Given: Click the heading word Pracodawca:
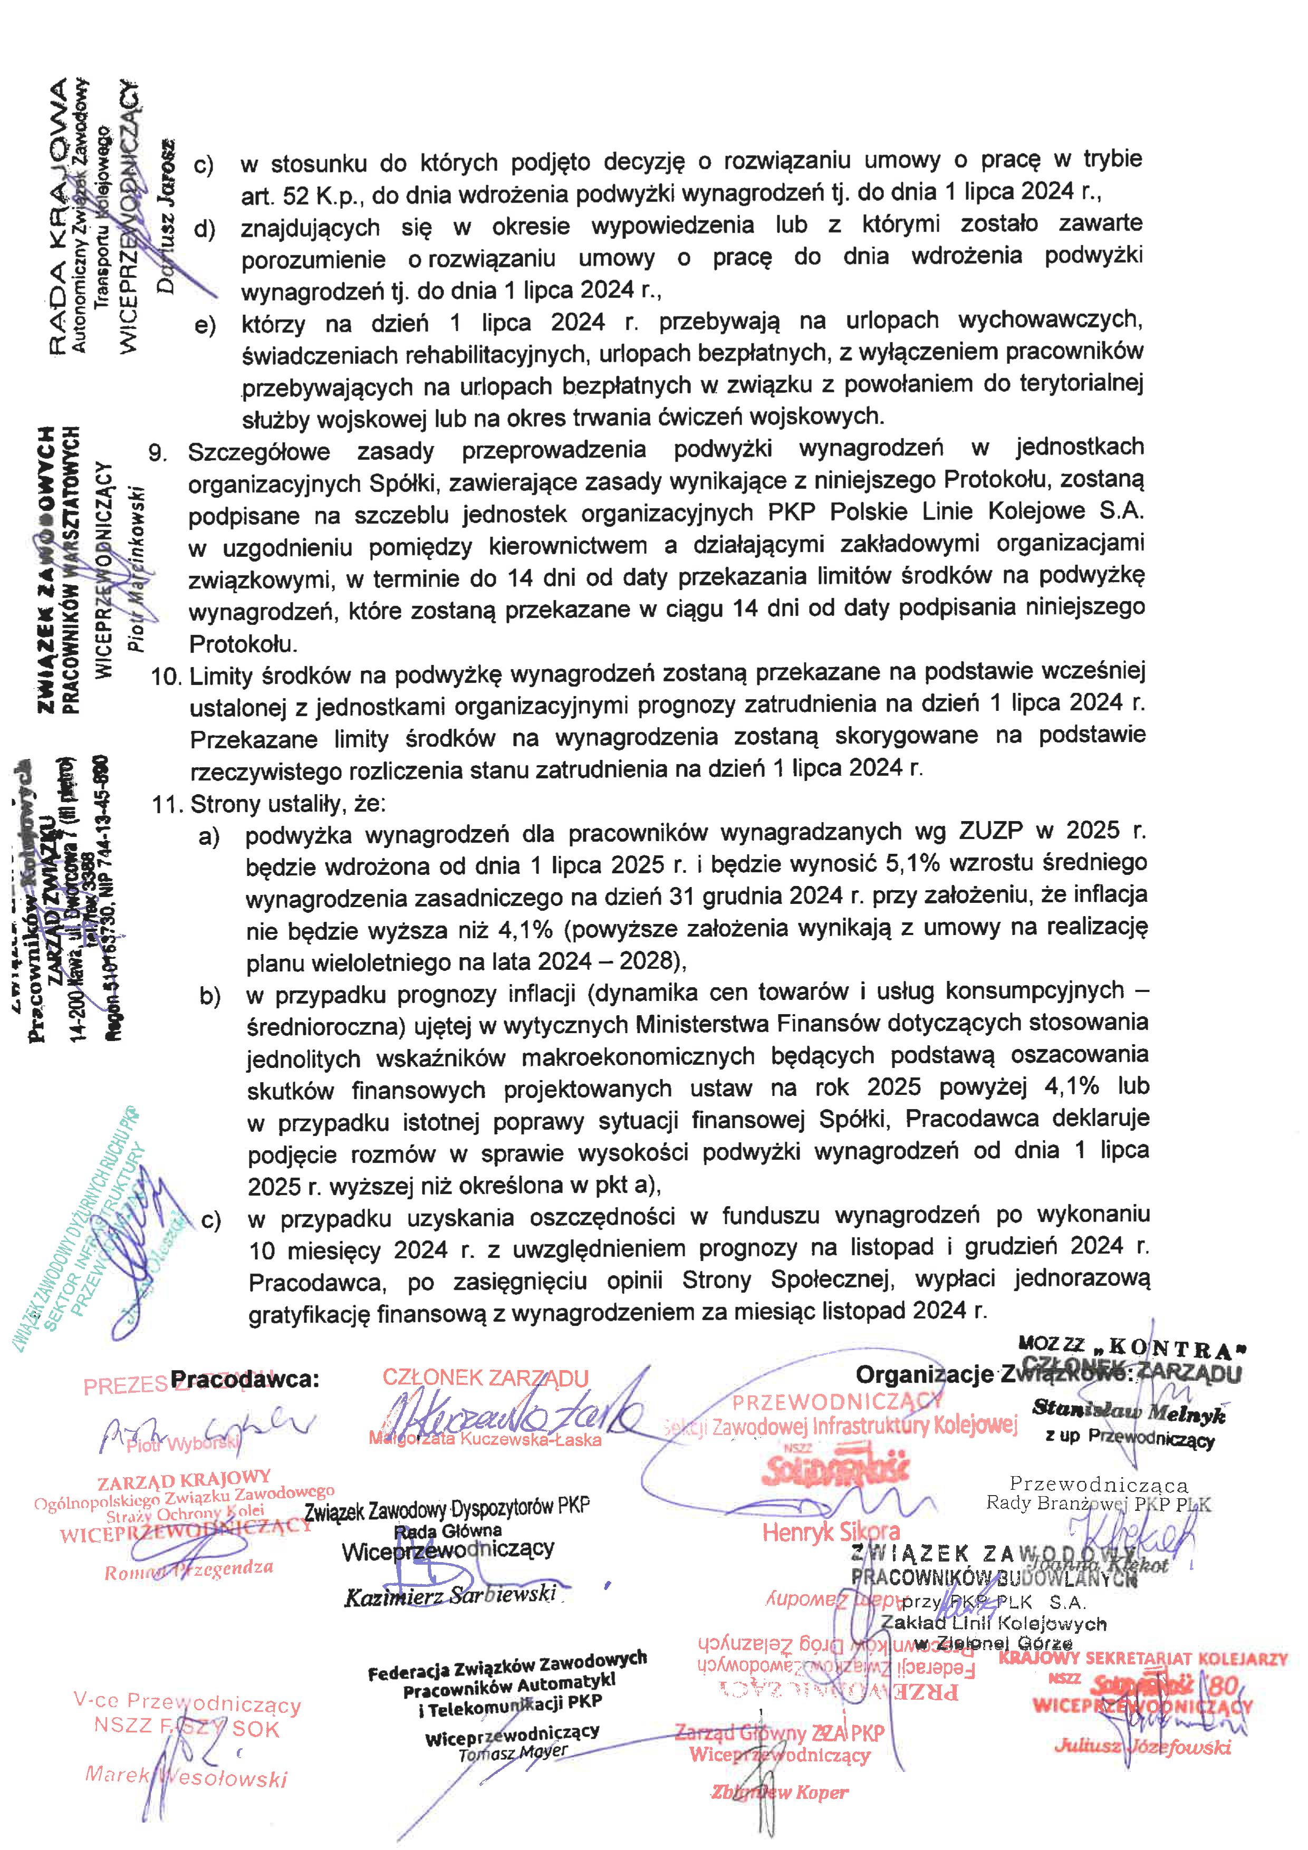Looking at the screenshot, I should (x=244, y=1379).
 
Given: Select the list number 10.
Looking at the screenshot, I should (x=166, y=676).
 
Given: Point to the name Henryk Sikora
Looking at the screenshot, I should (x=830, y=1531).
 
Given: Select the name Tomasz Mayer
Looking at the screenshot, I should (x=513, y=1752).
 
